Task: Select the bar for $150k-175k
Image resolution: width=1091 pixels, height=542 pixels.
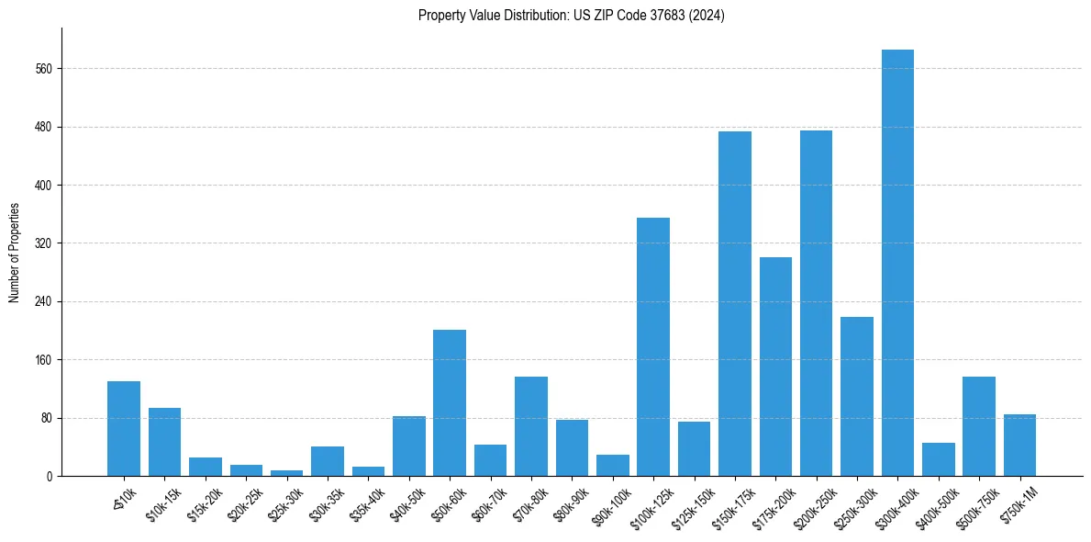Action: [734, 303]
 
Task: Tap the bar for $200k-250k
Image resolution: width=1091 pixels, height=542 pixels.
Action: [816, 303]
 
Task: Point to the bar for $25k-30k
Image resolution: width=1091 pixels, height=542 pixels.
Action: [286, 473]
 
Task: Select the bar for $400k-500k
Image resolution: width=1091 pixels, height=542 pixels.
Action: [938, 459]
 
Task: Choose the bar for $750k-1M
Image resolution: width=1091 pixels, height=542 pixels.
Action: [1019, 446]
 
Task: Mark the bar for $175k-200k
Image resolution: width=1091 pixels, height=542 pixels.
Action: [775, 367]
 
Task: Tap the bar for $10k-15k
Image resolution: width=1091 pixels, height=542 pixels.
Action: [164, 442]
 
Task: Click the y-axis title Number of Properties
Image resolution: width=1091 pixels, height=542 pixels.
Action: [14, 253]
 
